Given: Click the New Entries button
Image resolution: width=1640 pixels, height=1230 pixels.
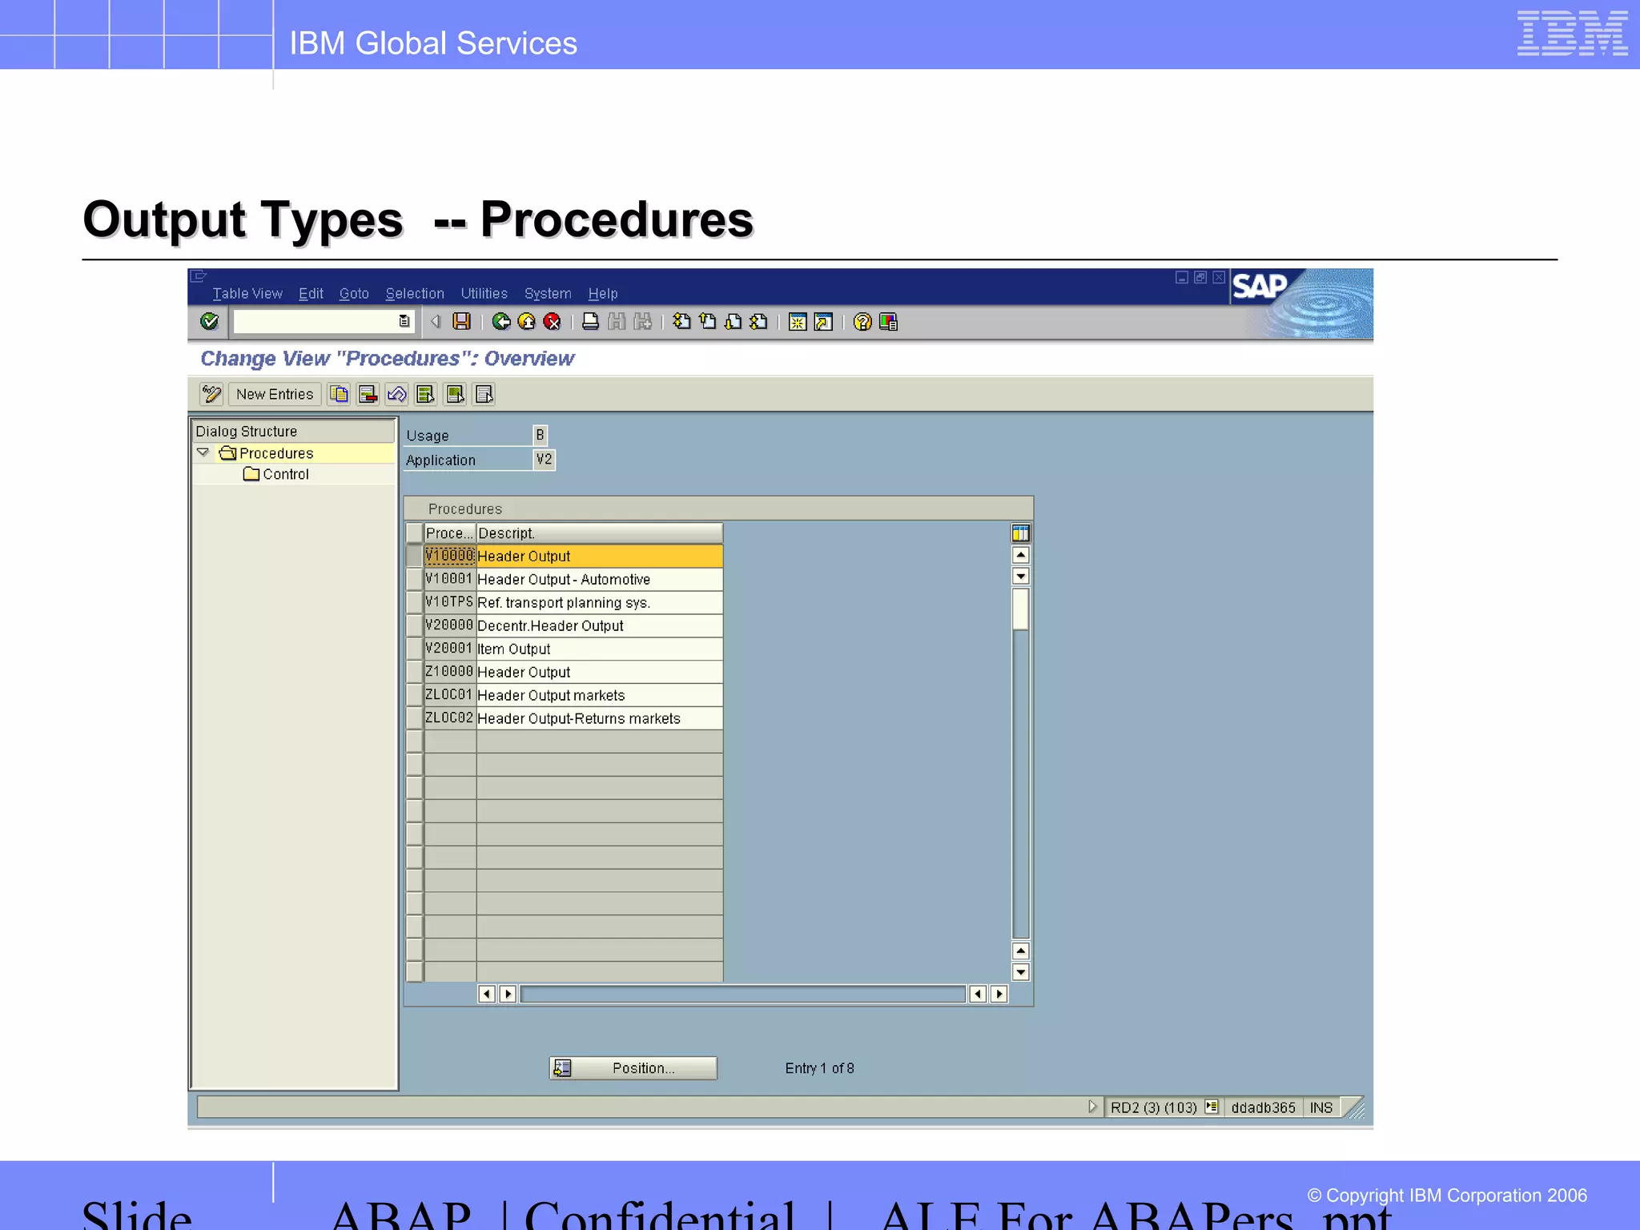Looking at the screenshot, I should point(274,394).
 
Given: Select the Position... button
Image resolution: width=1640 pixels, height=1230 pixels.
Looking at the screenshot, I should point(633,1068).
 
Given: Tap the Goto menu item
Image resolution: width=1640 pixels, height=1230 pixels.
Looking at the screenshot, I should point(353,294).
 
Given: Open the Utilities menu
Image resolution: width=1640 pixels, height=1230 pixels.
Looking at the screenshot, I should point(484,294).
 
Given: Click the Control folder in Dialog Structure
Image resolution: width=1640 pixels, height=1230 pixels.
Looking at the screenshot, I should point(285,474).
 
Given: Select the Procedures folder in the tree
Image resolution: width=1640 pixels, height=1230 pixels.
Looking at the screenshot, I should point(275,453).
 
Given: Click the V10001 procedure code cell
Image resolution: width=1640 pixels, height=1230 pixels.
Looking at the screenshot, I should point(449,579).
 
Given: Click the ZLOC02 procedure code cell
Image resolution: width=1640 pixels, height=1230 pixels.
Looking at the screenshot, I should point(449,718).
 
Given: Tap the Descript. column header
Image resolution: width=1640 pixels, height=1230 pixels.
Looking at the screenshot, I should point(598,533).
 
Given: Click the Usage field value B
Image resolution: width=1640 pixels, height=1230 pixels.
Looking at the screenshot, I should point(540,435).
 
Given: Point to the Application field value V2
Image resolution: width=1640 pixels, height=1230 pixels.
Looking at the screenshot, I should point(544,460).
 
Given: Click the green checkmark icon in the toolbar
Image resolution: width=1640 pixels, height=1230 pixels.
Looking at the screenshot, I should point(209,321).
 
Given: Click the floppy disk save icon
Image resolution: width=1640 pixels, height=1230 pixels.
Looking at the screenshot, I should point(461,321).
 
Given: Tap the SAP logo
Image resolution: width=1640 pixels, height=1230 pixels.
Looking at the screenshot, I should point(1260,286).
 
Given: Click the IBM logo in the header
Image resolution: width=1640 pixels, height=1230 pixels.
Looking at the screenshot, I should point(1571,33).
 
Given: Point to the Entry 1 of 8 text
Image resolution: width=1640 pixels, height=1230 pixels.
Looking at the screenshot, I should point(819,1068).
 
